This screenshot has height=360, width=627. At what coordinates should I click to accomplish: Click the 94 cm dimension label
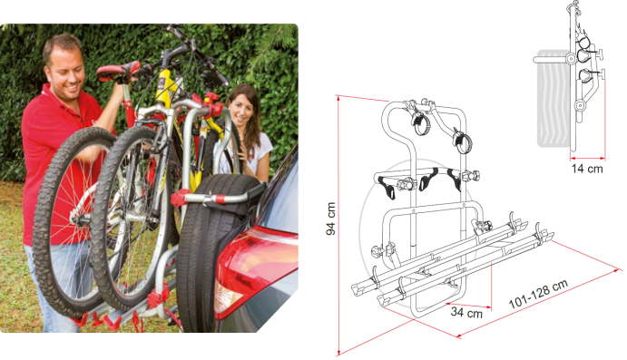coord(330,219)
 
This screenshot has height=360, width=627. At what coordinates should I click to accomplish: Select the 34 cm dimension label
coord(466,312)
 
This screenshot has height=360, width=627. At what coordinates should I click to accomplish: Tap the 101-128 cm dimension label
coord(538,294)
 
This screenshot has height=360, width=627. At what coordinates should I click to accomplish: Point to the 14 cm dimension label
coord(587,169)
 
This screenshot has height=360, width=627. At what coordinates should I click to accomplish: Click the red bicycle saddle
coord(118,72)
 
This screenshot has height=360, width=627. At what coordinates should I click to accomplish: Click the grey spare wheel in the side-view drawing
coord(554,98)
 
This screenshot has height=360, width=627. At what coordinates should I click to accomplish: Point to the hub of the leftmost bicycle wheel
coord(78,219)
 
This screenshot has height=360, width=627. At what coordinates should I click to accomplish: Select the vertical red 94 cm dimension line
coord(338,225)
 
